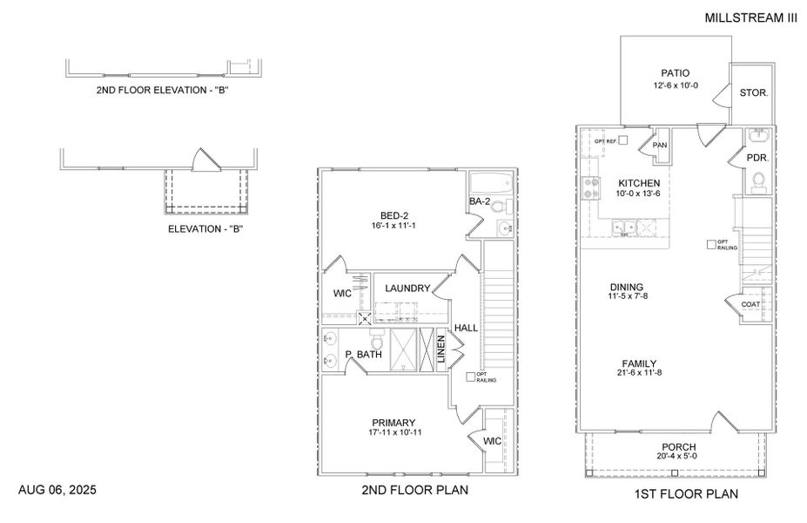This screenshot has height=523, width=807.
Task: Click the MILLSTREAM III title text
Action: pos(750,17)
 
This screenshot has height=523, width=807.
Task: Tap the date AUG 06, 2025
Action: pos(57,491)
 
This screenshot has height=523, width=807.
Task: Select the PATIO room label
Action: pos(675,73)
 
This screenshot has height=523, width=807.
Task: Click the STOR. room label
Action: pos(753,92)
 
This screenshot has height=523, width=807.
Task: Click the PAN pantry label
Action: pos(660,146)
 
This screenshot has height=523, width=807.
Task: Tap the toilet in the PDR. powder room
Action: pos(757,180)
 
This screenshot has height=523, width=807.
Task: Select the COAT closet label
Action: pos(751,304)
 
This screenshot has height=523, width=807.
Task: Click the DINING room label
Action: pos(626,286)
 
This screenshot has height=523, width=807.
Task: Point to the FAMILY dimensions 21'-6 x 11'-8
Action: pos(639,375)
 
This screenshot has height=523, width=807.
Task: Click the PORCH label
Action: pos(677,446)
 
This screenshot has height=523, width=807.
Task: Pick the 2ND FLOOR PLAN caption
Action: pos(414,491)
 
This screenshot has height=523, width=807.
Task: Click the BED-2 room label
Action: pos(394,214)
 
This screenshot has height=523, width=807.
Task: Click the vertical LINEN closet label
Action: pos(441,350)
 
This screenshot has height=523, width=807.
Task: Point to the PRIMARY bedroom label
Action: pos(394,422)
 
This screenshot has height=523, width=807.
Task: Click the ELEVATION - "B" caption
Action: pos(205,229)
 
